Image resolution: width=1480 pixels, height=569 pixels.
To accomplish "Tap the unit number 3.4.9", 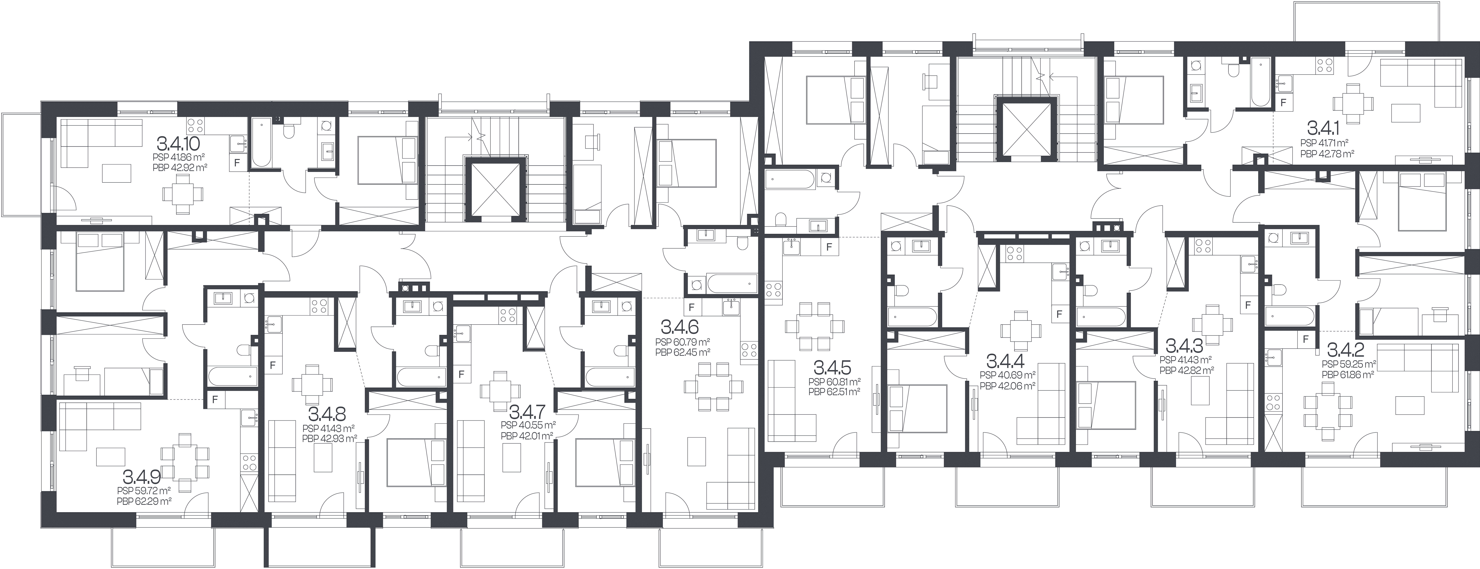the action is click(x=141, y=476).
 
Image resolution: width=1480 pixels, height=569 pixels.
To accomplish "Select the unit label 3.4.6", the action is click(x=680, y=327).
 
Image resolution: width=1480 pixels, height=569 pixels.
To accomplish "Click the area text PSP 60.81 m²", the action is click(x=834, y=382).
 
